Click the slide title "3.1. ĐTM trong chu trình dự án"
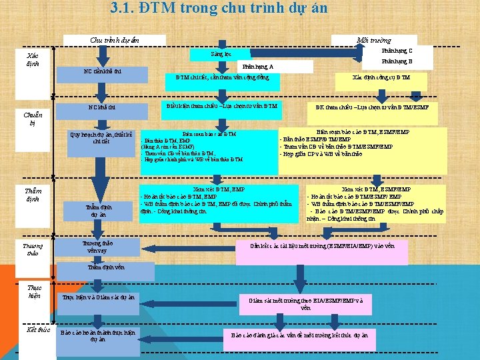(219, 9)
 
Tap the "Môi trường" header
(374, 41)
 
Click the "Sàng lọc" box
(220, 53)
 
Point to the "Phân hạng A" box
(257, 67)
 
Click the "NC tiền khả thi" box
(101, 71)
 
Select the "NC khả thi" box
(102, 107)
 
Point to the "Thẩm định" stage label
(33, 195)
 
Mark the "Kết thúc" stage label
(39, 330)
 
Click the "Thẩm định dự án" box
(99, 211)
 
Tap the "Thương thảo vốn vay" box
(96, 247)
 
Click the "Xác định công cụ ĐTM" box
(381, 77)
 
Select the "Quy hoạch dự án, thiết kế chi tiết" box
(101, 137)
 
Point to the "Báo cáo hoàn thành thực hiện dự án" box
(97, 335)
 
